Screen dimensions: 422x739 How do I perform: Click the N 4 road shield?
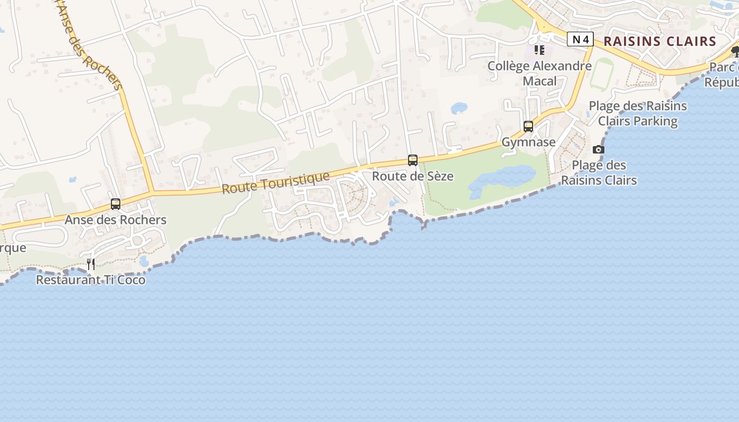580,39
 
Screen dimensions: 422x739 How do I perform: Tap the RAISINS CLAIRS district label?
659,41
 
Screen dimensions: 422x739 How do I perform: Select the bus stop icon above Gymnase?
528,127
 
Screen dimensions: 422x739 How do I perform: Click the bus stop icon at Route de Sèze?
413,160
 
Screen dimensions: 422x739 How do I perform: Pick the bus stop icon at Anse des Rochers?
116,204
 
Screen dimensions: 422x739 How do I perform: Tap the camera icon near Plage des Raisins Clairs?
598,149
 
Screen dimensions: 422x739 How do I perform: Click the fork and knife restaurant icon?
91,264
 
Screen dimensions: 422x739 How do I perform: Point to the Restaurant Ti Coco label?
90,280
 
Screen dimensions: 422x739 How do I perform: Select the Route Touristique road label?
276,183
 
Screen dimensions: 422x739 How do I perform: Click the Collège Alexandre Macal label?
539,73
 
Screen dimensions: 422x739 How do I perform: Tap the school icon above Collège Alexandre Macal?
539,50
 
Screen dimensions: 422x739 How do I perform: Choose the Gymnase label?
528,142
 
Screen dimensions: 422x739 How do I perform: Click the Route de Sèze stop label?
413,176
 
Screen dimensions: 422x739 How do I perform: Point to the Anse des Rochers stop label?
116,219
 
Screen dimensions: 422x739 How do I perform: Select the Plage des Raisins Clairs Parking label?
638,113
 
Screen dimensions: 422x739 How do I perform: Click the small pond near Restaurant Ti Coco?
144,261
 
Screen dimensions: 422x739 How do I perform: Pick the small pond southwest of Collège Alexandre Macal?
459,108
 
